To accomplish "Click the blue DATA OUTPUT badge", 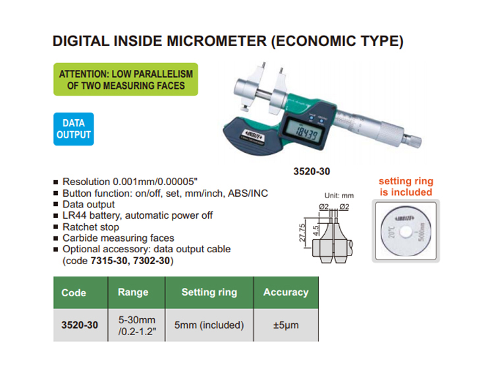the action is pyautogui.click(x=73, y=129).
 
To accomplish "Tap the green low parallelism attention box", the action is pyautogui.click(x=126, y=80).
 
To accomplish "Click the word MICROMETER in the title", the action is pyautogui.click(x=217, y=41).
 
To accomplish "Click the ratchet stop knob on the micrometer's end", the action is pyautogui.click(x=413, y=140).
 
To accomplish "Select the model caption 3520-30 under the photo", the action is pyautogui.click(x=312, y=171).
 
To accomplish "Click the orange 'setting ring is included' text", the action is pyautogui.click(x=406, y=186).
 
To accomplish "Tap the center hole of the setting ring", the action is pyautogui.click(x=406, y=232).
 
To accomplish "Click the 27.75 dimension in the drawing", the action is pyautogui.click(x=302, y=232).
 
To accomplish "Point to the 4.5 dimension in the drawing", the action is pyautogui.click(x=316, y=230).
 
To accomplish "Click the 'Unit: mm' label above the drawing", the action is pyautogui.click(x=339, y=196).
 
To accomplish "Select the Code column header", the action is pyautogui.click(x=73, y=292).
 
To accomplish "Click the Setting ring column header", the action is pyautogui.click(x=209, y=292).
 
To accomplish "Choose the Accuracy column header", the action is pyautogui.click(x=286, y=292).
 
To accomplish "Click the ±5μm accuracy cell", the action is pyautogui.click(x=286, y=325).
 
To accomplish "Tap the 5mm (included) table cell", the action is pyautogui.click(x=209, y=325).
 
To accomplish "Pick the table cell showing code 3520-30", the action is pyautogui.click(x=80, y=325).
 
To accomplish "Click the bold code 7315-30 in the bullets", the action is pyautogui.click(x=109, y=261).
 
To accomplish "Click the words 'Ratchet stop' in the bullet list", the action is pyautogui.click(x=91, y=227).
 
